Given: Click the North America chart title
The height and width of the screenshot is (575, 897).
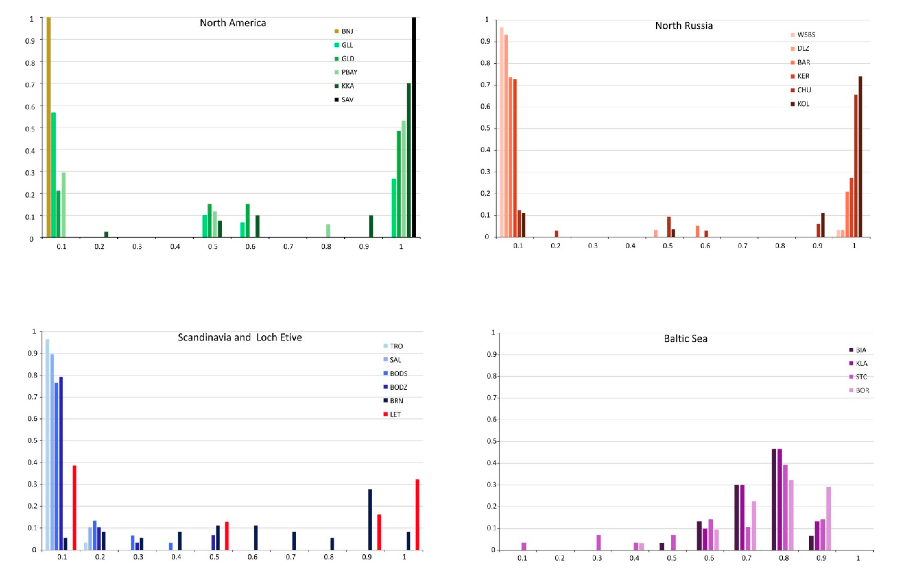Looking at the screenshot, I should (233, 23).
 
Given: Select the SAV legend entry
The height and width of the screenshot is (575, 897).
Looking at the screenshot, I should (347, 100).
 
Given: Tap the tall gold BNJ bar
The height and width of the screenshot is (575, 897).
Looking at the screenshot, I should (48, 127).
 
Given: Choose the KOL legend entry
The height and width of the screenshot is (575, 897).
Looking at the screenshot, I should (803, 104).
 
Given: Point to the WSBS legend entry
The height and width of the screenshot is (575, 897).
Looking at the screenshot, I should (806, 35).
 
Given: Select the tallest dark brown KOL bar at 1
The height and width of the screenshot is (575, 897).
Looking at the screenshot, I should (860, 157).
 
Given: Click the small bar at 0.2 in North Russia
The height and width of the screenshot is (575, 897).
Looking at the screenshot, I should (556, 234).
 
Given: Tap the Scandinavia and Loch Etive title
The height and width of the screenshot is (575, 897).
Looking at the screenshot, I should (240, 338).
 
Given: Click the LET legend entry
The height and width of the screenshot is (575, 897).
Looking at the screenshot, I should (394, 414).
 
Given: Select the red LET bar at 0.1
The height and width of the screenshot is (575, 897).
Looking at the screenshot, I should (74, 508).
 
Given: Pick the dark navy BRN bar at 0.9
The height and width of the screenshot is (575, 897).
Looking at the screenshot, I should (370, 520).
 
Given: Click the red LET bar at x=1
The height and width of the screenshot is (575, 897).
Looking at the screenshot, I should (417, 514).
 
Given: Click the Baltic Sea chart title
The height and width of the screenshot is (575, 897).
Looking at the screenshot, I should (685, 339).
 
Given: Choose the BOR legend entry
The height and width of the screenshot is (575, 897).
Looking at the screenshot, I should (862, 390).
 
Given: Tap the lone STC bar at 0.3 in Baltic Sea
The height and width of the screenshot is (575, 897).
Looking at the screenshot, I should (598, 542).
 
